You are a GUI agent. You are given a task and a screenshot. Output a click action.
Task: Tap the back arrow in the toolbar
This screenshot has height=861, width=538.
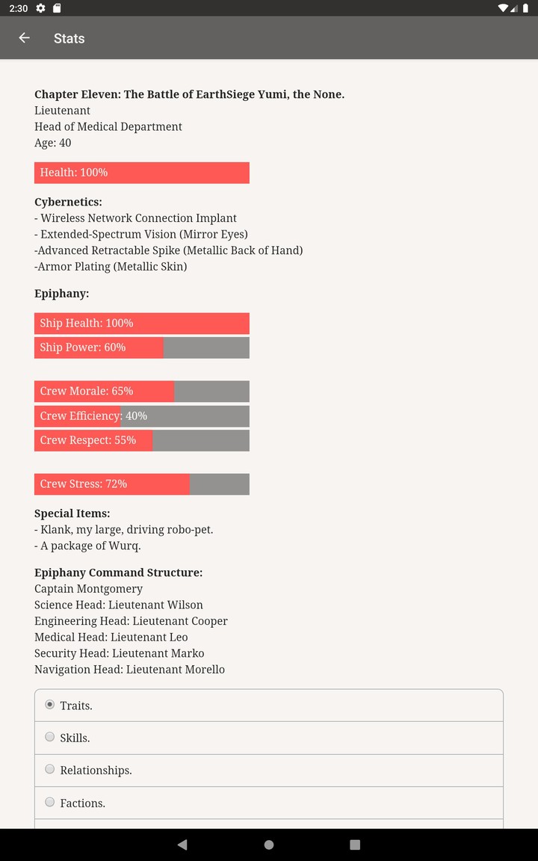(x=25, y=38)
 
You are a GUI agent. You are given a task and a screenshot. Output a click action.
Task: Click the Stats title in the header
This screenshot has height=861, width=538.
(x=69, y=38)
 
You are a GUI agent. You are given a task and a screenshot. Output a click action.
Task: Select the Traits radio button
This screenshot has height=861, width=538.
(x=50, y=705)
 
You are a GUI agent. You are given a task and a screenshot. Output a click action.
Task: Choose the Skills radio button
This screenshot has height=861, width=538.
(x=50, y=737)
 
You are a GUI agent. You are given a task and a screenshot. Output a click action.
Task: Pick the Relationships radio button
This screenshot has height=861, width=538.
(x=50, y=769)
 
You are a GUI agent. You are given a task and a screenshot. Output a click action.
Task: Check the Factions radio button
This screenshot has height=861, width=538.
(x=50, y=802)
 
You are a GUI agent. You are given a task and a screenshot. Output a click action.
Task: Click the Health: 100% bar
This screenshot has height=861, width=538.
(x=141, y=173)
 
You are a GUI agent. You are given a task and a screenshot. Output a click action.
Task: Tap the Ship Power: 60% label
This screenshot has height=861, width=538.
(x=83, y=348)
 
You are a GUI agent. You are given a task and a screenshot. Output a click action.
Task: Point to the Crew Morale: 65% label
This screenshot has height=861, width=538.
(x=87, y=391)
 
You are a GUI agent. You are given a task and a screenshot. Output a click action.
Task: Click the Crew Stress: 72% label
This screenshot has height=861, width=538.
(x=84, y=484)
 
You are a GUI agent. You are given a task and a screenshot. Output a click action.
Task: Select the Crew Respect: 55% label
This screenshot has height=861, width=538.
(x=88, y=440)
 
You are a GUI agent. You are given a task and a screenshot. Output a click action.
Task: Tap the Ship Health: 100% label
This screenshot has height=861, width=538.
(x=87, y=324)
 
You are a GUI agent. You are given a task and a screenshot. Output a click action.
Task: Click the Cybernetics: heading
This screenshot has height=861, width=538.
(x=68, y=202)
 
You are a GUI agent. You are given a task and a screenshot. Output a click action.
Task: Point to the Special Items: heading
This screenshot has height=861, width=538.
(x=72, y=513)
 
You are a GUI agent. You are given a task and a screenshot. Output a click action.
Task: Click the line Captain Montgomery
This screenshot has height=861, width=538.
(x=88, y=589)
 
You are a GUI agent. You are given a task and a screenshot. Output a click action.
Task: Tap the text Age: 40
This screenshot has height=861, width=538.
(x=53, y=143)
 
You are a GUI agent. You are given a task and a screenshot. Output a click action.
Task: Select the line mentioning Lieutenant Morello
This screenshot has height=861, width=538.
(x=129, y=670)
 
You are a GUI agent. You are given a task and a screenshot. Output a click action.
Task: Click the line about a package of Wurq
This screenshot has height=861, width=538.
(x=87, y=546)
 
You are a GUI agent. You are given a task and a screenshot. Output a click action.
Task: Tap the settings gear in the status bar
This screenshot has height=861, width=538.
(x=40, y=8)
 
